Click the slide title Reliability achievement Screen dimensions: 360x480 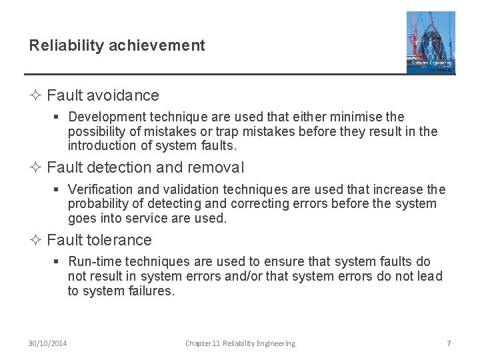point(117,45)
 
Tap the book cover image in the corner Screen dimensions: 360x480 point(431,42)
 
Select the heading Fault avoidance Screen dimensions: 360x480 point(103,95)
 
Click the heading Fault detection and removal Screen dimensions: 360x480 point(145,167)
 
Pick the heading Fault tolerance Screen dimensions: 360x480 point(99,239)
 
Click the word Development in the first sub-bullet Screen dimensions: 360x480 point(101,117)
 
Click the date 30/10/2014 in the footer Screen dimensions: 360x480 point(48,343)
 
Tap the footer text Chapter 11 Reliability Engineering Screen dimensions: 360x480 point(240,343)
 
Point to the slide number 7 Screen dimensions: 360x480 point(449,343)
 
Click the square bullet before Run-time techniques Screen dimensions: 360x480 point(59,262)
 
